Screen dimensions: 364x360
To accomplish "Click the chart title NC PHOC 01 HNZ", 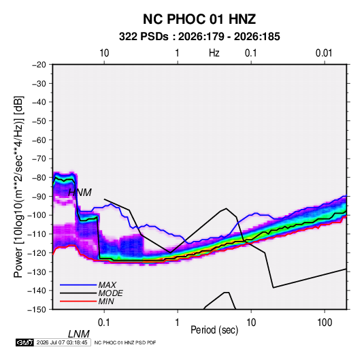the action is pos(199,19).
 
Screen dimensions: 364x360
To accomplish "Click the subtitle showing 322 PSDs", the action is pos(199,37).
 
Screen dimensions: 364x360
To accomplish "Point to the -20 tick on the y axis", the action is pos(39,65).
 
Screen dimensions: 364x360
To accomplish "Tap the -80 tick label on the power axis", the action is pos(39,178).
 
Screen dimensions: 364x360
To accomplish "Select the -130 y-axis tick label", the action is pos(37,272).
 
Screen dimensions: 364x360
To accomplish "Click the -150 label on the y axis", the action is pos(37,310).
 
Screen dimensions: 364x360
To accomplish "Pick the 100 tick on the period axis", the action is pos(325,323).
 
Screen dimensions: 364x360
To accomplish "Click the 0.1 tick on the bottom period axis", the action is pos(104,323).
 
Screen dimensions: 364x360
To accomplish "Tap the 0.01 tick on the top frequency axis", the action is pos(324,53).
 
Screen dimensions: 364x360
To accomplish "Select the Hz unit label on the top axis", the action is pos(214,53).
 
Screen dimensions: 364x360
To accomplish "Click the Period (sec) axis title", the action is pos(214,330).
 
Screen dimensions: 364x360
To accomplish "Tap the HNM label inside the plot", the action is pos(80,193).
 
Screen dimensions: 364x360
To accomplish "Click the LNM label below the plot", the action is pos(78,334).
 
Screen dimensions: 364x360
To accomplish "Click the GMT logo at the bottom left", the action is pos(25,342).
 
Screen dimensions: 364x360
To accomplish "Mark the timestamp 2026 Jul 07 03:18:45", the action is pos(62,342).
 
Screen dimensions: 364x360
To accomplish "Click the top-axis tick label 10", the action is pos(104,53).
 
